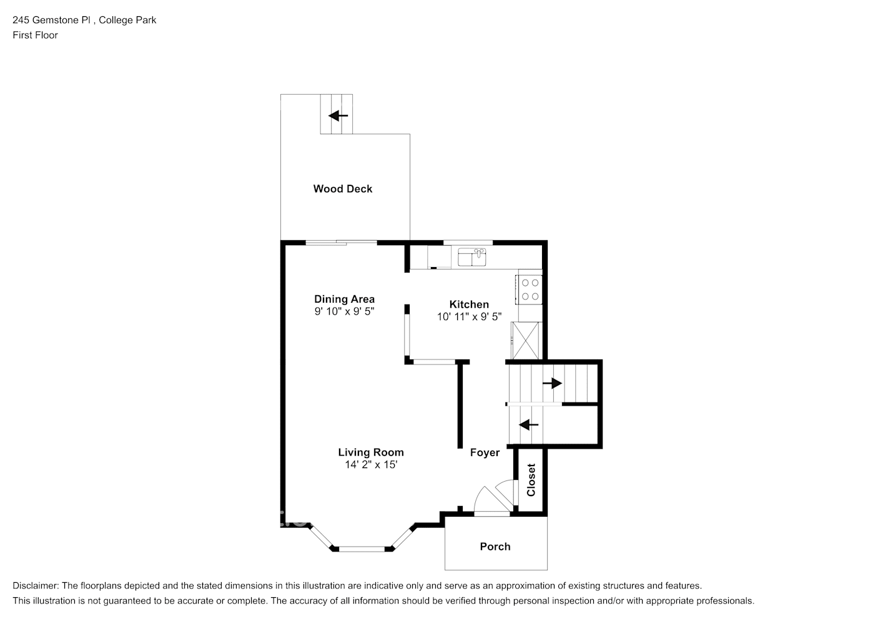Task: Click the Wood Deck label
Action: coord(342,188)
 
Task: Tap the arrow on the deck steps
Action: coord(338,115)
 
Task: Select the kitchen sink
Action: coord(472,257)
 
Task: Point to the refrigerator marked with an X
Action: coord(526,340)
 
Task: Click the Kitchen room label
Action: coord(469,305)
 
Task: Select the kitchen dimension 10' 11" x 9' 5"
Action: coord(469,317)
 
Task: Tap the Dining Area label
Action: coord(344,299)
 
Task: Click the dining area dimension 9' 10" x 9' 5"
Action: coord(344,311)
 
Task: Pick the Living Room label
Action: coord(371,452)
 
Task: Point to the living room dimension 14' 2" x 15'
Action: coord(371,465)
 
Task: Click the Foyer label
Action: coord(485,452)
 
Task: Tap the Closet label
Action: coord(531,479)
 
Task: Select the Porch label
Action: coord(495,547)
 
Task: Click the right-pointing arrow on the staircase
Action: coord(552,383)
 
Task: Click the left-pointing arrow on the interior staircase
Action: coord(528,425)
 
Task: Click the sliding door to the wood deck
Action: coord(341,243)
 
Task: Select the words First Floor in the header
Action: coord(35,35)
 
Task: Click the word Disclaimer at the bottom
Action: coord(36,585)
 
